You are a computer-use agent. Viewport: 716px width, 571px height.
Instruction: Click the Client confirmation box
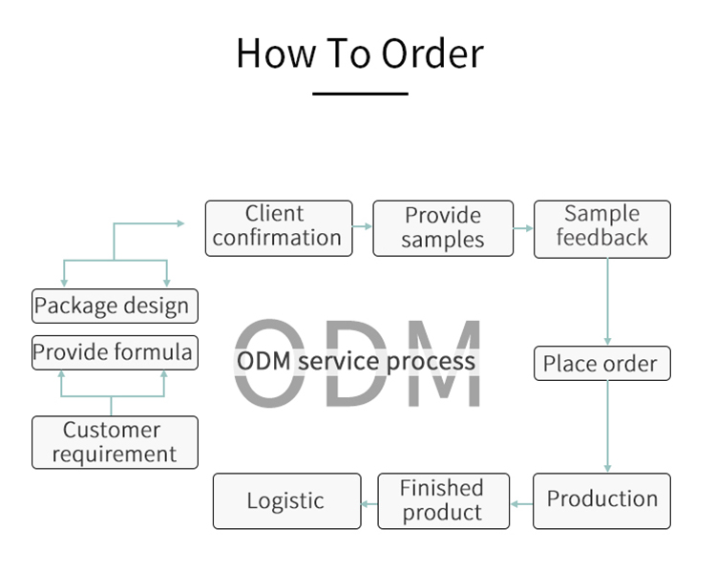[x=278, y=227]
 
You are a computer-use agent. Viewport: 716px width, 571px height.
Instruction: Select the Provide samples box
[x=442, y=228]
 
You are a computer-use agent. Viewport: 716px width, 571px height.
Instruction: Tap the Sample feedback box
[x=601, y=228]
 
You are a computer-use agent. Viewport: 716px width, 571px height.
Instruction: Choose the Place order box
[x=600, y=364]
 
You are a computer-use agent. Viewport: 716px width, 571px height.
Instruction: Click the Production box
[x=601, y=499]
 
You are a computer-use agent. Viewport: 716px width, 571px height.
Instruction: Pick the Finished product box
[x=442, y=501]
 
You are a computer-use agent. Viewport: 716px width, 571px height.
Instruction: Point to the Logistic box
[x=286, y=501]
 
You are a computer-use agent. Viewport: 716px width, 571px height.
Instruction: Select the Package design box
[x=115, y=307]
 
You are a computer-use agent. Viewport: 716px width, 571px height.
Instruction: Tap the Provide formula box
[x=115, y=353]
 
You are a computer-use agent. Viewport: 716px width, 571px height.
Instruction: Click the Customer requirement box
[x=115, y=442]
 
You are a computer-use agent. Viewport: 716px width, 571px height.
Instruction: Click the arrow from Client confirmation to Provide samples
[x=363, y=227]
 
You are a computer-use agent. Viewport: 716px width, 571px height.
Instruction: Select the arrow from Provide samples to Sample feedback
[x=523, y=228]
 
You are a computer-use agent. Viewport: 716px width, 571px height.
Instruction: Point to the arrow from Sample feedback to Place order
[x=607, y=301]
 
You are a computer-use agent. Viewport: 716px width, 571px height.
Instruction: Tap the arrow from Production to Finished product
[x=521, y=501]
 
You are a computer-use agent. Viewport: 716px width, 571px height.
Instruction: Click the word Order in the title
[x=432, y=53]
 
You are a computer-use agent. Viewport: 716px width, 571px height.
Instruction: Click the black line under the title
[x=360, y=94]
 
